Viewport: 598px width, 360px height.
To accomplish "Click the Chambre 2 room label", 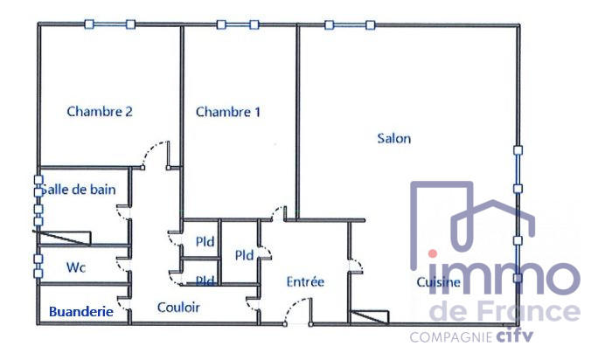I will (100, 111).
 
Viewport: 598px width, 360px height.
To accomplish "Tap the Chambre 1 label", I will (228, 112).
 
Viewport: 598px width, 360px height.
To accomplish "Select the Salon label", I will (393, 138).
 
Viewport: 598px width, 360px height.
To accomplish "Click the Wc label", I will (75, 267).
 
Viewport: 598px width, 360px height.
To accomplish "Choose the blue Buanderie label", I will (80, 310).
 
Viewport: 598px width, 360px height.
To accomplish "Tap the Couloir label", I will (178, 308).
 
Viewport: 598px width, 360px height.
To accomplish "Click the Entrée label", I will (306, 282).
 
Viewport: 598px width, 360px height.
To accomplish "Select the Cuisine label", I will (438, 282).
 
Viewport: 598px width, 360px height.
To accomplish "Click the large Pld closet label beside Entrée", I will (244, 256).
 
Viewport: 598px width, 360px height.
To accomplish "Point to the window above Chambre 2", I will (109, 24).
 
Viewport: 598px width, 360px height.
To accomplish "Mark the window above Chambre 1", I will (237, 24).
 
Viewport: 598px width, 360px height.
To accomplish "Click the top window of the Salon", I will (351, 24).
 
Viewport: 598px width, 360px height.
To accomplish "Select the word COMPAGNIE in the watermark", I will (452, 336).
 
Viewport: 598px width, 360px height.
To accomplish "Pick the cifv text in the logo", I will (516, 336).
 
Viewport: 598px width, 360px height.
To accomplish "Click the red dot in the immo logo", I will (433, 253).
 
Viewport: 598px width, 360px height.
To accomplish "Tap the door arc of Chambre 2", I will (153, 152).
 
